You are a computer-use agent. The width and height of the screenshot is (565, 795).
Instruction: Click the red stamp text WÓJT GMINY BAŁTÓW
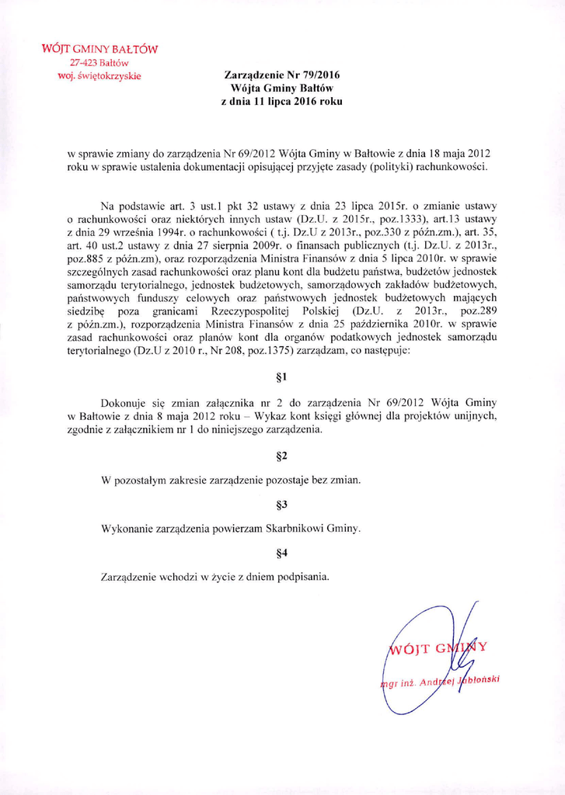click(99, 49)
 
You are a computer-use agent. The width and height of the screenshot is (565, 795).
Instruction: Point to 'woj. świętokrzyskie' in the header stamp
click(99, 75)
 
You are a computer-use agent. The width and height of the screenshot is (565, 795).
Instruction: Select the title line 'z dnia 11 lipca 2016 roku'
click(281, 101)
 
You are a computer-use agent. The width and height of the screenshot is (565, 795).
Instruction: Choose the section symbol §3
click(282, 505)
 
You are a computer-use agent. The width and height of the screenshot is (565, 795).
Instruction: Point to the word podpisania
click(302, 577)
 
